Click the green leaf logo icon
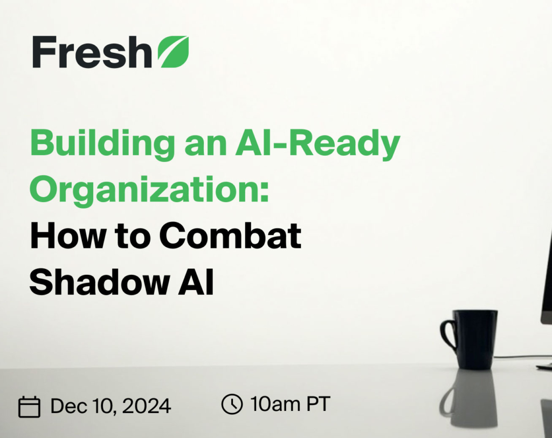(174, 52)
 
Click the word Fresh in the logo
(92, 52)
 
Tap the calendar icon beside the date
(30, 407)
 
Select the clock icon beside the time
(232, 404)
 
